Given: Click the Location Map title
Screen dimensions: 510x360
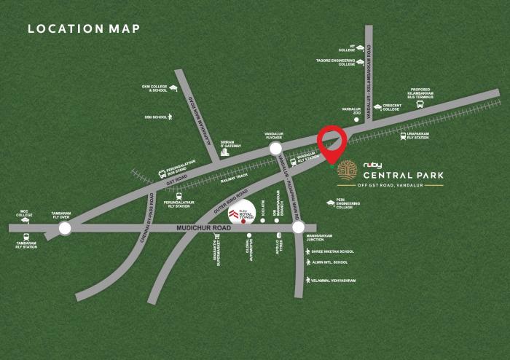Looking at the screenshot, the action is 82,30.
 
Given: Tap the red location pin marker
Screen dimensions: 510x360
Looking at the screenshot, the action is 332,141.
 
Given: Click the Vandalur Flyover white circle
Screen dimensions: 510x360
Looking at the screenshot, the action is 276,149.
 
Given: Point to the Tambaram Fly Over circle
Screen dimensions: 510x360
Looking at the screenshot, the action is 65,228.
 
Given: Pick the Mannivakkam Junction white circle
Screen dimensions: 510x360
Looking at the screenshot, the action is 298,227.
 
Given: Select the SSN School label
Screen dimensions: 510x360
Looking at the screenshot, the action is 156,116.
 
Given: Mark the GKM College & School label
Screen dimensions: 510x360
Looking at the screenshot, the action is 154,88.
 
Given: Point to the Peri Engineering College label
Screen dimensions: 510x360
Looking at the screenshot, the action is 349,204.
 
